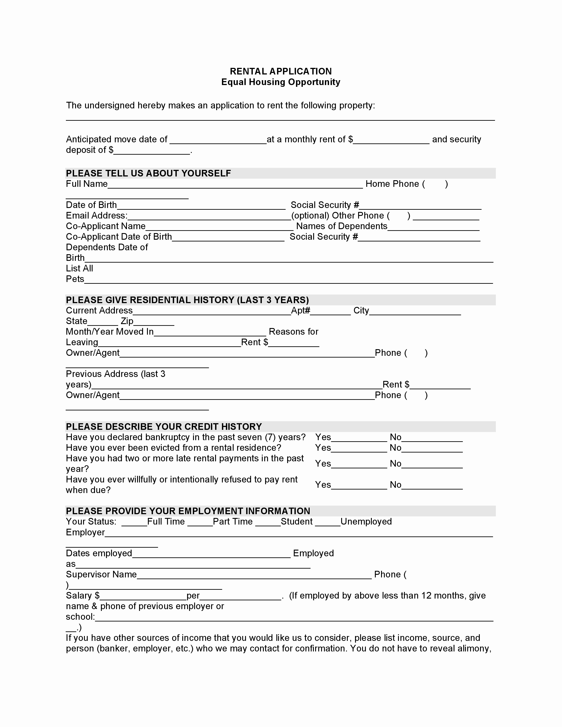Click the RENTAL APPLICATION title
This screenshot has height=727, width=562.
point(281,71)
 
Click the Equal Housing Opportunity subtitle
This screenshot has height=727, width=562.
point(281,82)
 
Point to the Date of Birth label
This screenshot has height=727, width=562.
point(91,205)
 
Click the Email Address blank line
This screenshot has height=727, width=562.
point(209,217)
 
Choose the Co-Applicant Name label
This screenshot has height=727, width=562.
point(106,226)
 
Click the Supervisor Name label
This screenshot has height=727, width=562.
point(101,574)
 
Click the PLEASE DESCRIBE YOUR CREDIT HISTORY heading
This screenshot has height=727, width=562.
point(164,427)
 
